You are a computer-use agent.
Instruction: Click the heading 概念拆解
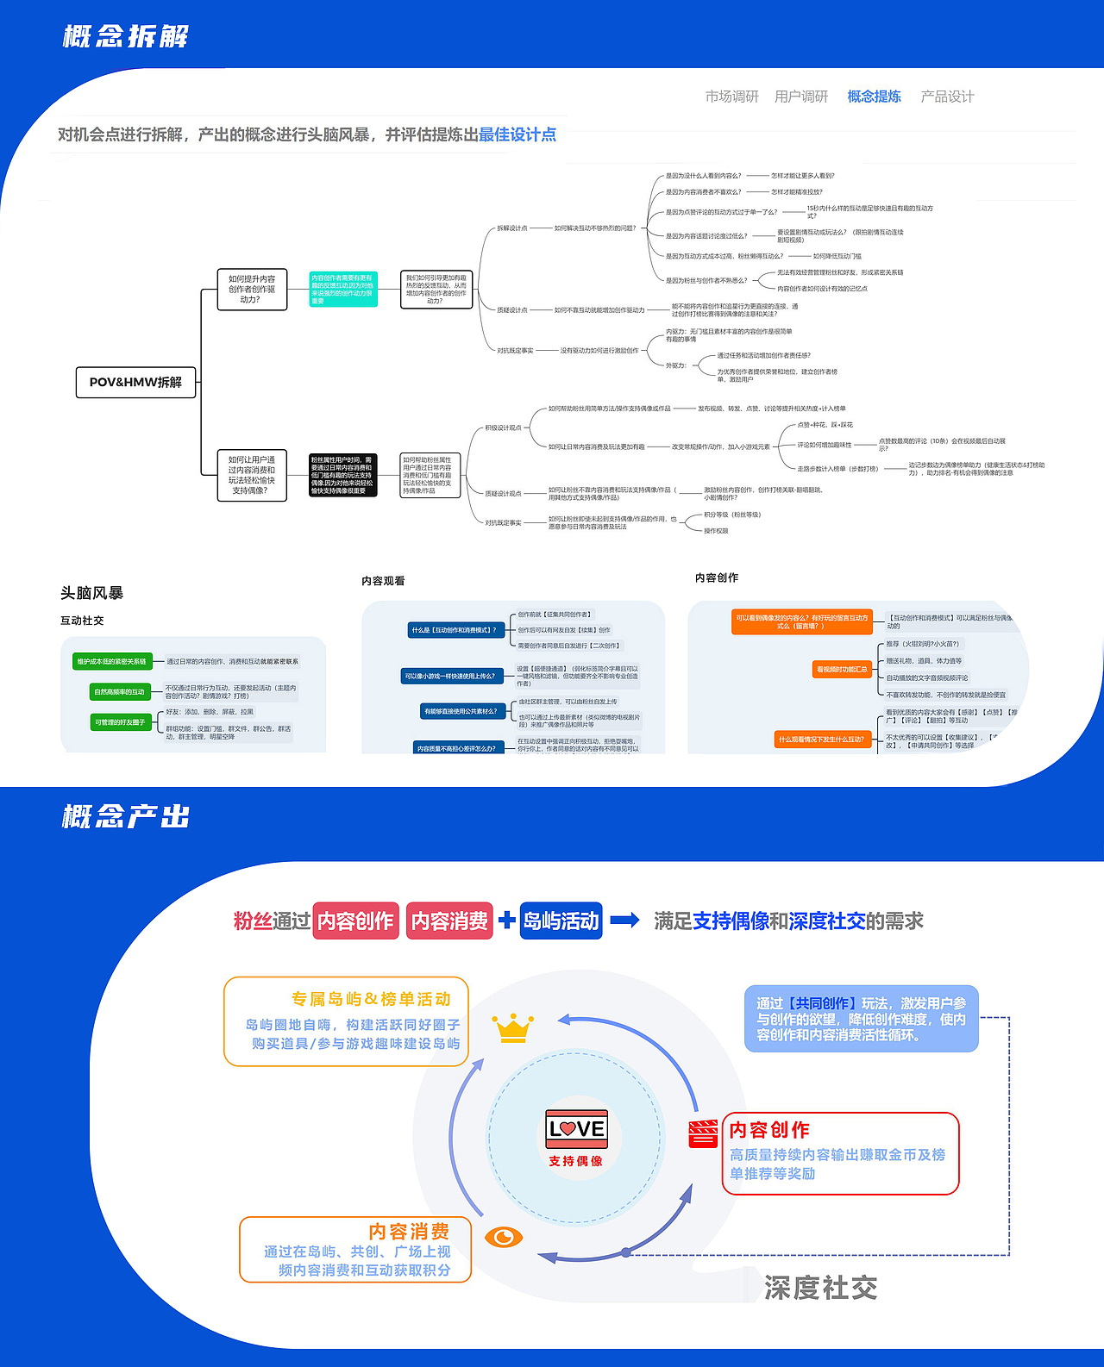coord(126,37)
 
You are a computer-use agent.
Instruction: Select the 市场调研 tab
coord(731,97)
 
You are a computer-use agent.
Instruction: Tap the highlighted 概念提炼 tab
coord(874,97)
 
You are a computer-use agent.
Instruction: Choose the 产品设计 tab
coord(947,97)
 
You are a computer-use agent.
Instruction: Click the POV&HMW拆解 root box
coord(135,382)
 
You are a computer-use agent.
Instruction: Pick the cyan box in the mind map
coord(343,290)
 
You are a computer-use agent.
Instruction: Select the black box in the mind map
coord(343,475)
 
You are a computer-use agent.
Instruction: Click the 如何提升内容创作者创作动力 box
coord(252,290)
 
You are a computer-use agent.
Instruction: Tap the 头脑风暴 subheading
coord(91,593)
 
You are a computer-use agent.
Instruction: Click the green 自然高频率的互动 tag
coord(120,692)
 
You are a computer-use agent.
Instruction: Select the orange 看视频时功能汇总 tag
coord(842,669)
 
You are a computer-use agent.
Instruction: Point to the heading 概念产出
coord(126,816)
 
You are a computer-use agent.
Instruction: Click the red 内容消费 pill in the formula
coord(449,921)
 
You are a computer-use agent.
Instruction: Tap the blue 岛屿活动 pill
coord(561,921)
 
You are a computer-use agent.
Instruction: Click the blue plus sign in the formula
coord(507,920)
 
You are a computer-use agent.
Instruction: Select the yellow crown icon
coord(513,1028)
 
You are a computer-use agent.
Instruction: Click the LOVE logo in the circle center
coord(577,1128)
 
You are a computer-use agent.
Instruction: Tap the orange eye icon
coord(504,1238)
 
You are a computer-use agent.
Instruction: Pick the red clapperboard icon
coord(703,1133)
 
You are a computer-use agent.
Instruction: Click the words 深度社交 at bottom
coord(820,1289)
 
